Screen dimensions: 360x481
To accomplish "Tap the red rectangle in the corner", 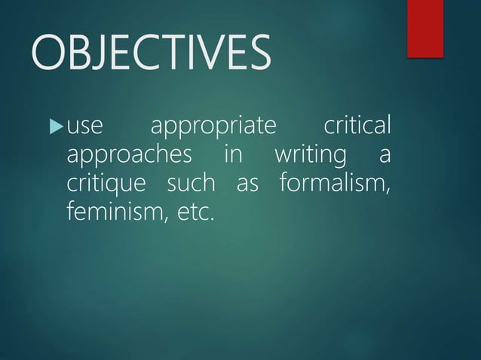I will tap(424, 28).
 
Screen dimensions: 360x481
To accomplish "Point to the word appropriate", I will tap(213, 127).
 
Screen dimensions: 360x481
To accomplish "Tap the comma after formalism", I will tap(388, 188).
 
